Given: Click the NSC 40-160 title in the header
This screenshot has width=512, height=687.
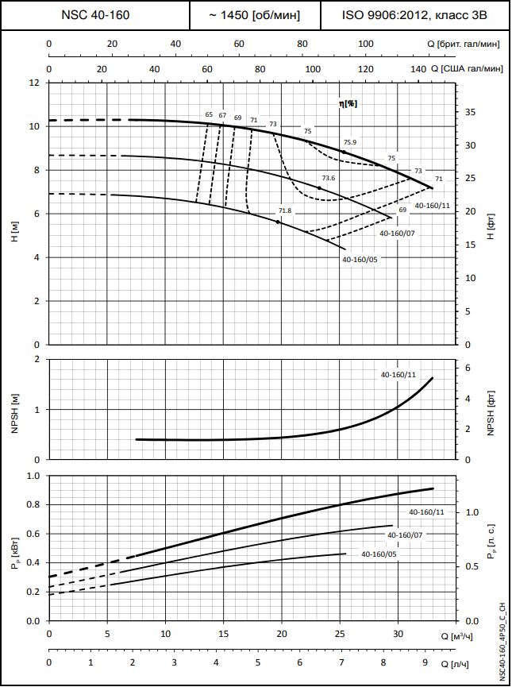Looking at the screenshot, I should (95, 15).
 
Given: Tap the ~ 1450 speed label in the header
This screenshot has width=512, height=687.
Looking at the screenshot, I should (255, 15).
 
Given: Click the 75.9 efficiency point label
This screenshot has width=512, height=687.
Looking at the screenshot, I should (349, 143).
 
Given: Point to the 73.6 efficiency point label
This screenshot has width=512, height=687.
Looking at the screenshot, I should (329, 179).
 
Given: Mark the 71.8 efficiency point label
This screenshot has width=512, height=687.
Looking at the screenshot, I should (285, 210).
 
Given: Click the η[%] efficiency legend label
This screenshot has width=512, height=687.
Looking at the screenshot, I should (348, 103).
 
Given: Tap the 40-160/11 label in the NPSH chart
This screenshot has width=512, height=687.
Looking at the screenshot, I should (398, 374).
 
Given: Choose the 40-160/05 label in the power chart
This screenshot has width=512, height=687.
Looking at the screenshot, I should (379, 554).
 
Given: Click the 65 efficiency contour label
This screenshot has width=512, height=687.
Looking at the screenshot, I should (209, 115).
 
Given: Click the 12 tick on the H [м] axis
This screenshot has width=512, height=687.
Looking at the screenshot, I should (34, 83).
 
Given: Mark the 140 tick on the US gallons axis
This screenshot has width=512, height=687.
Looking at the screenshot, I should (418, 70).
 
